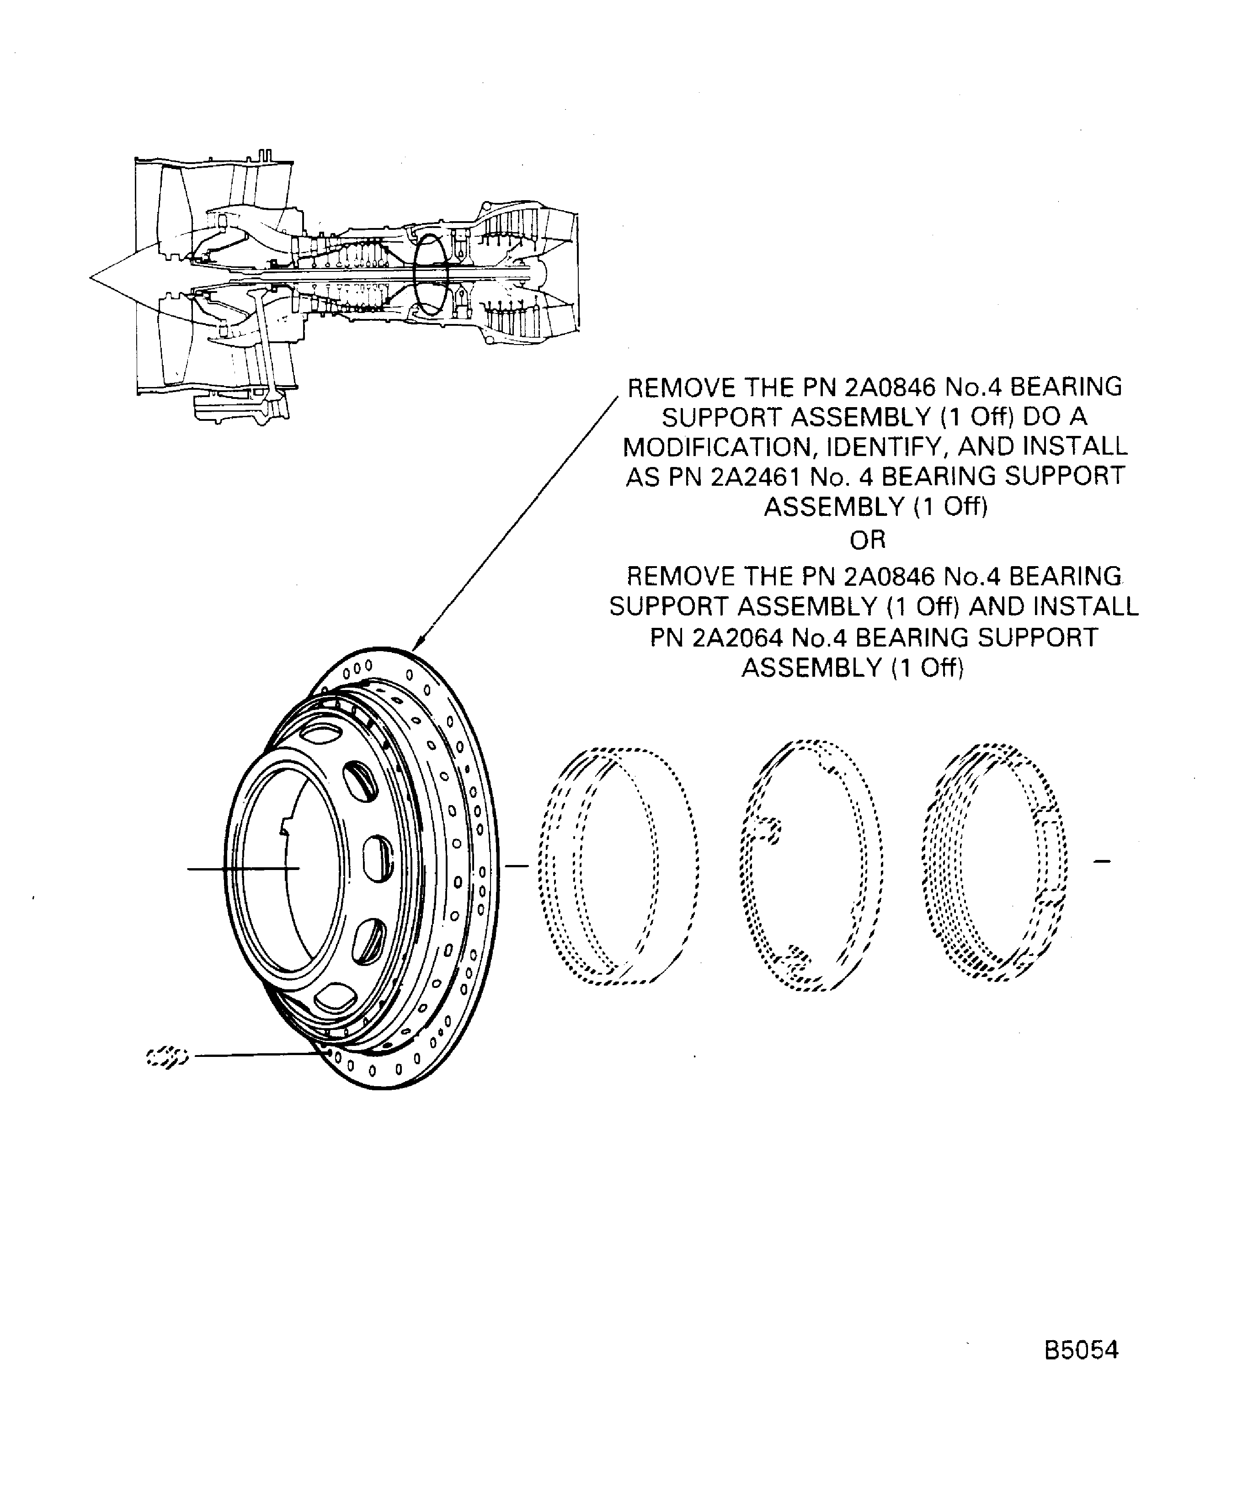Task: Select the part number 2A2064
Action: pyautogui.click(x=736, y=637)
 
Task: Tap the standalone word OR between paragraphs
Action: pyautogui.click(x=867, y=540)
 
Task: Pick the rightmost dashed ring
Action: pyautogui.click(x=994, y=863)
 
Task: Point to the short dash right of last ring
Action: pyautogui.click(x=1102, y=862)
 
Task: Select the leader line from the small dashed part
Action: pyautogui.click(x=256, y=1055)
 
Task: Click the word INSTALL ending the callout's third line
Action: pyautogui.click(x=1075, y=446)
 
